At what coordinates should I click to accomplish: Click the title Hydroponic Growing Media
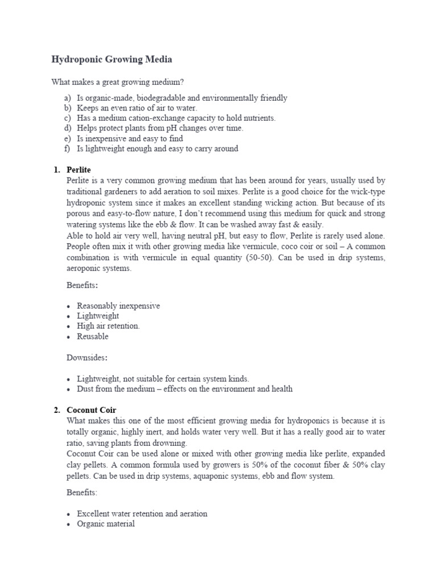click(112, 59)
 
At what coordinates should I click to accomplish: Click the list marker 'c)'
click(68, 118)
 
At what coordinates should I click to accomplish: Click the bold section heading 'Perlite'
click(79, 170)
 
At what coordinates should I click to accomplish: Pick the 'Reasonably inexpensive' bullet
click(118, 306)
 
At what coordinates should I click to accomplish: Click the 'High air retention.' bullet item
click(108, 326)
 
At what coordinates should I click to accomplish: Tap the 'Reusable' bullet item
click(93, 336)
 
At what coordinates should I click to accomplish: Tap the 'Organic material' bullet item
click(106, 524)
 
